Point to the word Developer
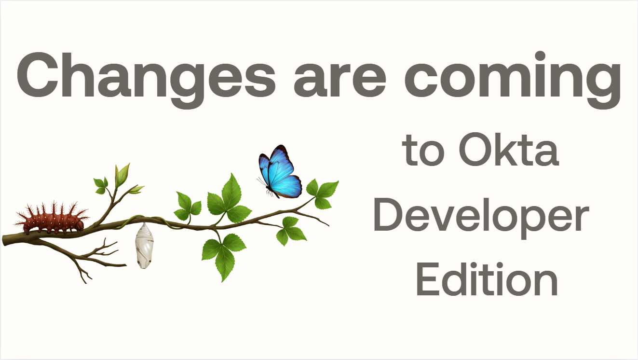coord(481,218)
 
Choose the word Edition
coord(487,279)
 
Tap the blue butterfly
coord(280,172)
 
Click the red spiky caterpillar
coord(53,219)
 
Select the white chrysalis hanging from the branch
coord(144,246)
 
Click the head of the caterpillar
coord(79,225)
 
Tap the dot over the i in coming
coord(540,56)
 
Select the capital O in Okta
coord(474,150)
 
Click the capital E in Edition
coord(429,279)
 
